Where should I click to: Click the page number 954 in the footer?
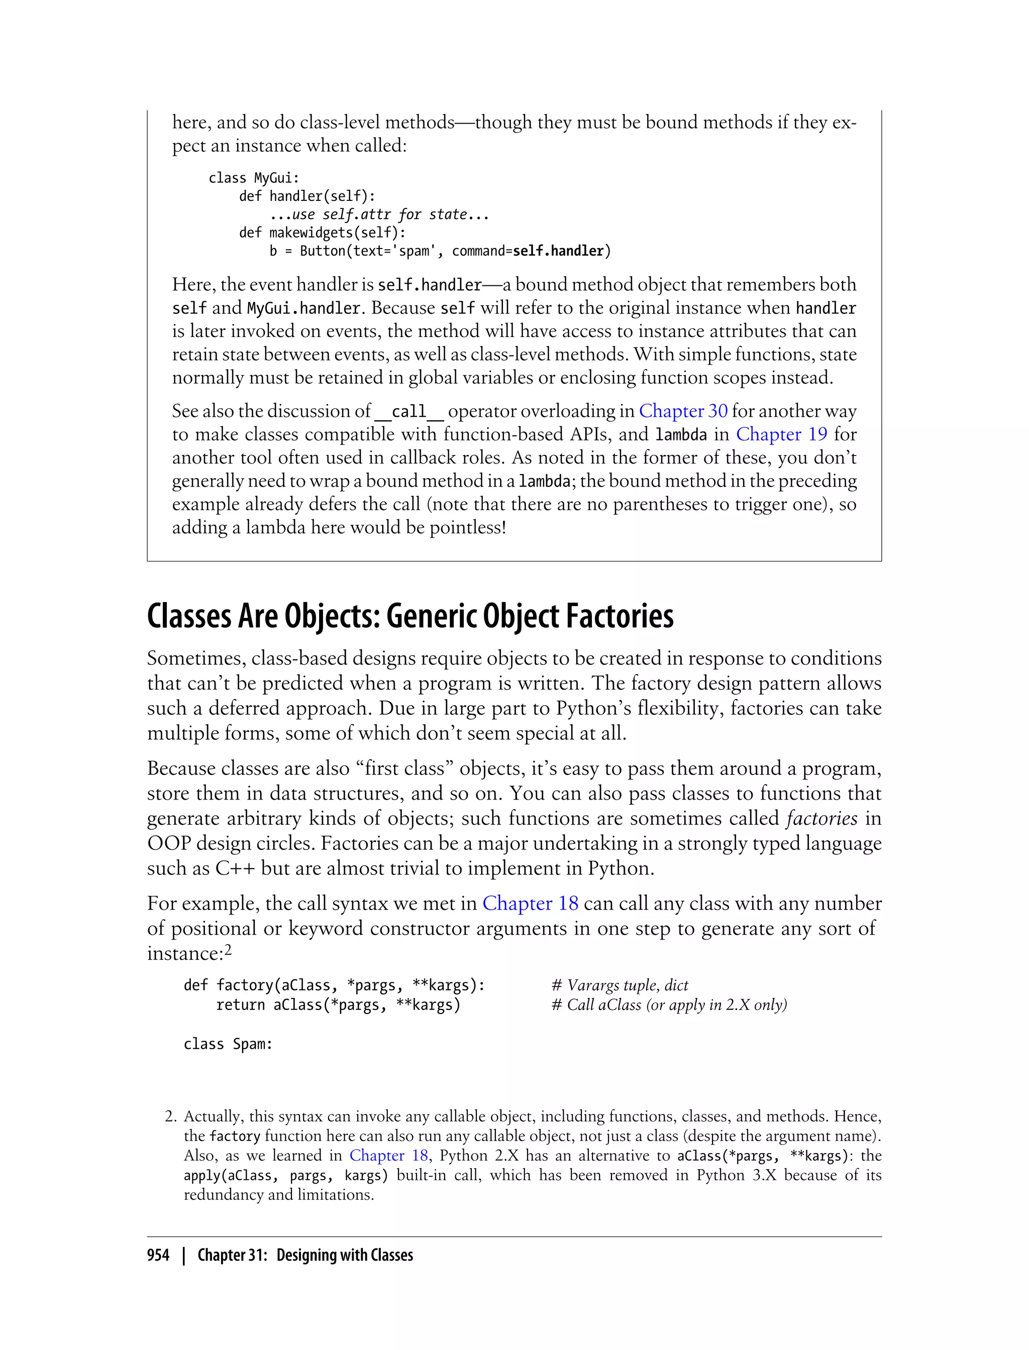coord(158,1255)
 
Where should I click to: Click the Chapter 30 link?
coord(683,411)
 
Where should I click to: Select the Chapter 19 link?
coord(781,434)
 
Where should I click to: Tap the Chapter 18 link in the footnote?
coord(388,1155)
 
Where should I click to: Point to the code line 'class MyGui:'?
coord(254,178)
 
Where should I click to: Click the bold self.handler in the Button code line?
coord(558,251)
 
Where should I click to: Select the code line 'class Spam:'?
coord(228,1044)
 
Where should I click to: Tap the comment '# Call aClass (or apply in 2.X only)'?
coord(669,1004)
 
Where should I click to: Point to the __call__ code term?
coord(408,411)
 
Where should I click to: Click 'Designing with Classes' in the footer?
coord(344,1255)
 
